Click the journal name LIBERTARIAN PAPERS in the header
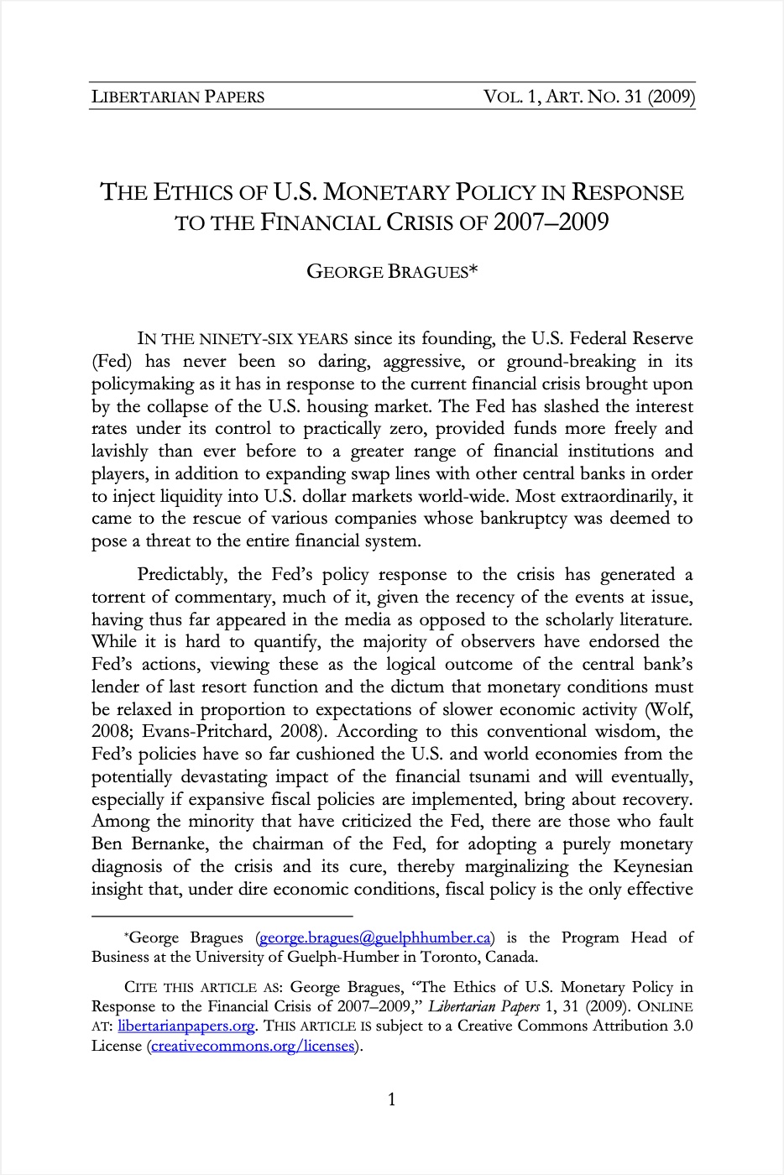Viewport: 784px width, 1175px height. (x=177, y=97)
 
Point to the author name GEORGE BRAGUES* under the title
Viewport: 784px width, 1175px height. (x=392, y=272)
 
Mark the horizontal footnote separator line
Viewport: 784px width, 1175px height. (x=222, y=916)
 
